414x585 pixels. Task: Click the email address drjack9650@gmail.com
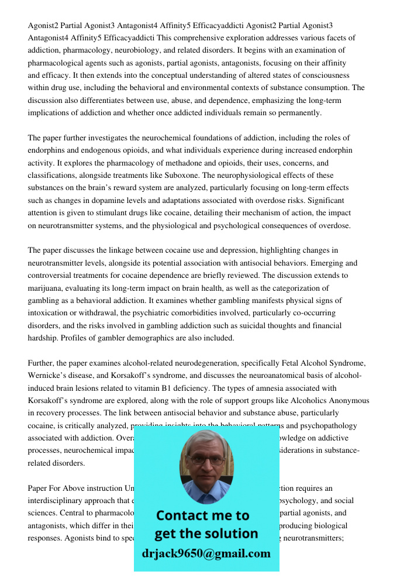[206, 553]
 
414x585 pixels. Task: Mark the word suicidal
[251, 326]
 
